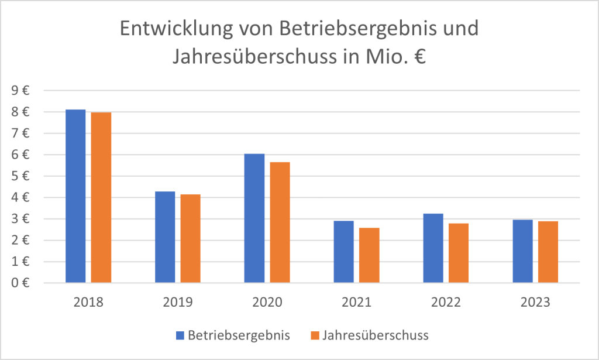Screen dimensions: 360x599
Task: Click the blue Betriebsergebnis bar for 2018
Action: click(x=75, y=196)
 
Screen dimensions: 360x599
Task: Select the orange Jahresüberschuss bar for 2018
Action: click(x=101, y=197)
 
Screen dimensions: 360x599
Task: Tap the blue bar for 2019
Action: click(x=165, y=237)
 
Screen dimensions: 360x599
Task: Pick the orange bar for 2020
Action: click(x=280, y=222)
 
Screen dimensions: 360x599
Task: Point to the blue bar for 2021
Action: click(x=343, y=252)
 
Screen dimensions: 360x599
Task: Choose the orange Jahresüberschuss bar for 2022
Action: click(x=458, y=253)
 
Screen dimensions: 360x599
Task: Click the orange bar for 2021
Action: click(x=369, y=255)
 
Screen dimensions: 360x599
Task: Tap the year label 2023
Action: click(x=535, y=303)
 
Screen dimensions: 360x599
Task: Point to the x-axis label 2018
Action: click(x=89, y=303)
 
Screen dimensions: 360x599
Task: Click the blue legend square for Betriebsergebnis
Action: click(x=180, y=335)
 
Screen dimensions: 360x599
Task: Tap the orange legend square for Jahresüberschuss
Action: click(x=315, y=335)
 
